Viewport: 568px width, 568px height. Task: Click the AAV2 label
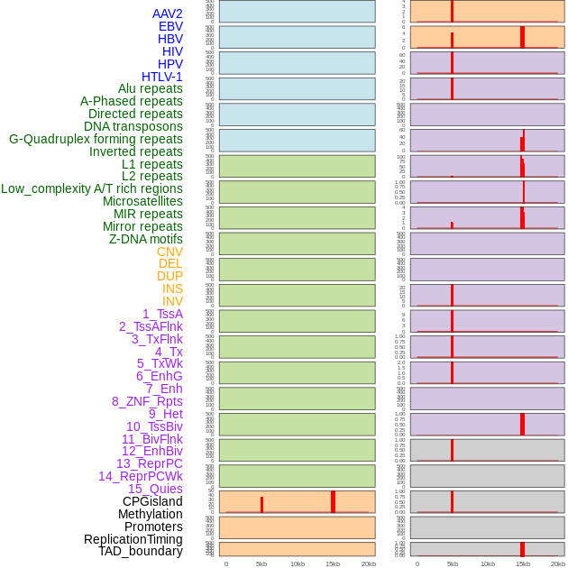(x=168, y=14)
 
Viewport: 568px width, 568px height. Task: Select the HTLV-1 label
(x=162, y=77)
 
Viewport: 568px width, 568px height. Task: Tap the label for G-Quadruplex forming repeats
(x=96, y=139)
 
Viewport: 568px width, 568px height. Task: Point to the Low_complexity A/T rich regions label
(x=92, y=188)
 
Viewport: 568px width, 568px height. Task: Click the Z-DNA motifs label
(x=146, y=239)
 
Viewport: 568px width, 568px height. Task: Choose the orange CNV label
(x=169, y=252)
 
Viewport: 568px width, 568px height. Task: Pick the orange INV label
(x=172, y=301)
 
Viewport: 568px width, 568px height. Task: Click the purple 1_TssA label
(x=162, y=314)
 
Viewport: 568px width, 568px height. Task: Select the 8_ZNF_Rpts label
(x=147, y=401)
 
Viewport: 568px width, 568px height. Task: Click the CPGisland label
(x=152, y=501)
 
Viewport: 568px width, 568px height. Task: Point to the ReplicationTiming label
(x=133, y=539)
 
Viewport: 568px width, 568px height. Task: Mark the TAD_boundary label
(x=141, y=551)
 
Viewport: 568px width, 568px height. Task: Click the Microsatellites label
(x=142, y=201)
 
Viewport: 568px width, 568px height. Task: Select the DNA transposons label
(x=133, y=126)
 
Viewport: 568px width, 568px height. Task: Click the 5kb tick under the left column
(x=261, y=563)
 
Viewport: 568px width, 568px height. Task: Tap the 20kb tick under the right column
(x=558, y=563)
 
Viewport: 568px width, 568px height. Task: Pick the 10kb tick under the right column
(x=487, y=563)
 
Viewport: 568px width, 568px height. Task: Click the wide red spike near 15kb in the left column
(x=333, y=502)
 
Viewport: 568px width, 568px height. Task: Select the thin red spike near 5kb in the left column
(x=261, y=505)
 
